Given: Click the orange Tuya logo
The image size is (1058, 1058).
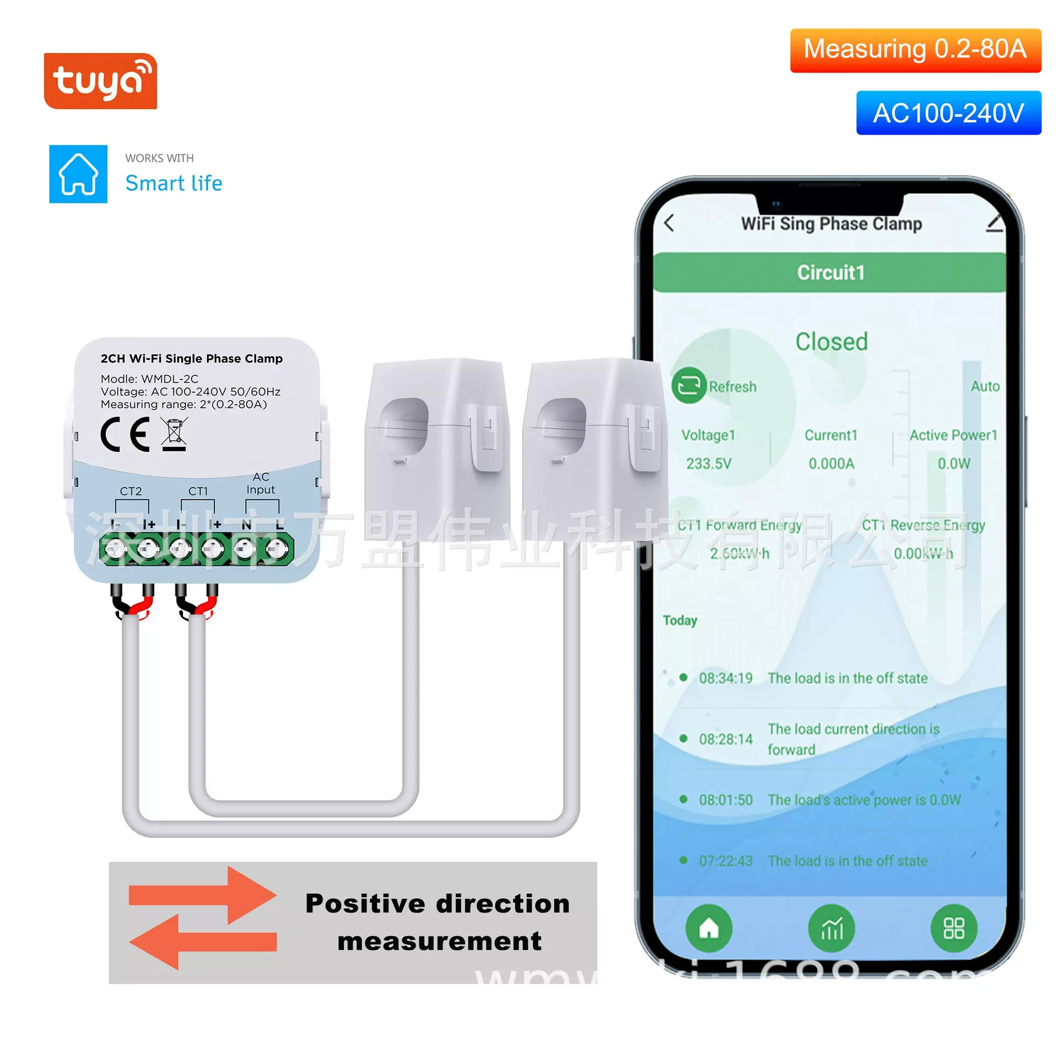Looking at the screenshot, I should (100, 80).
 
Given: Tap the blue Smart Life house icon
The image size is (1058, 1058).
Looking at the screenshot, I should (78, 174).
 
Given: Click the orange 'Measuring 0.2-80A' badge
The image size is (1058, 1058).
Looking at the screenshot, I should (915, 50).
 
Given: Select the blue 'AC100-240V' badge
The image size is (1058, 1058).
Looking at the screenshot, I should (948, 113).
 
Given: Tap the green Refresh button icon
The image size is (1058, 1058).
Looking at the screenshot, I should (689, 385).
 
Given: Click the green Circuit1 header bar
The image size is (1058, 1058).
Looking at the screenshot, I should (830, 272).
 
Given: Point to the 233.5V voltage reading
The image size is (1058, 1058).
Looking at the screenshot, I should (709, 463).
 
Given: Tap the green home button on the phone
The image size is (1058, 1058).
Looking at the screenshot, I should (709, 929).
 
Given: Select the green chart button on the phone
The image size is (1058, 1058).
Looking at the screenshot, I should (832, 929).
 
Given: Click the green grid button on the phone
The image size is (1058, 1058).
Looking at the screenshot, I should (954, 929).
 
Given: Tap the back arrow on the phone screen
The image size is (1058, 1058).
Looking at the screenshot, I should (670, 223).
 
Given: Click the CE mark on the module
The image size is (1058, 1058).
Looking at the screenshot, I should (125, 434).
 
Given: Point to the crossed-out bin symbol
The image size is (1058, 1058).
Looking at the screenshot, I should (175, 434).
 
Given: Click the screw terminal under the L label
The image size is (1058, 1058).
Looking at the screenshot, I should (277, 549).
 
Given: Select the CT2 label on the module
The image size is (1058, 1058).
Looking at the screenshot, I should (131, 491).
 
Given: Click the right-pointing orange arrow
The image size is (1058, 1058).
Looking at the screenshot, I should (202, 895).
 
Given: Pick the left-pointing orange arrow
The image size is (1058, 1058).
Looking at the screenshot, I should (202, 942).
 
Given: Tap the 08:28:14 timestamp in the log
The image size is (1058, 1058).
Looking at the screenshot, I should (725, 739).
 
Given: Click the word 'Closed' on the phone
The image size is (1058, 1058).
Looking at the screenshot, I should (831, 342).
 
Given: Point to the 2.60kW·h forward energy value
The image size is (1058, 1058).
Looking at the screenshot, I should (739, 553).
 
